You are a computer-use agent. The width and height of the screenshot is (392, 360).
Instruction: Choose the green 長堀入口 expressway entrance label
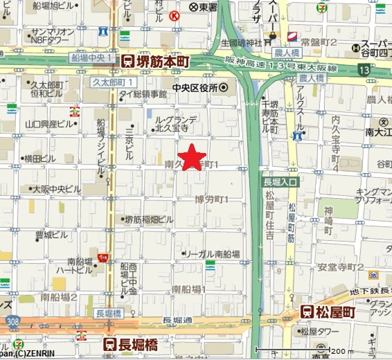279,181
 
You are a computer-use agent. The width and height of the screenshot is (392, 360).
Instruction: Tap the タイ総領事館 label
143,93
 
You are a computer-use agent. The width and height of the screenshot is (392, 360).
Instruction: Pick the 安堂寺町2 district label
341,267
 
